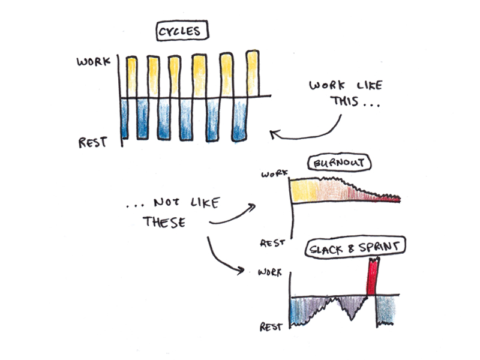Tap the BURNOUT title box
tap(339, 164)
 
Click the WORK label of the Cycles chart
tap(93, 61)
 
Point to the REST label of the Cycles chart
tap(93, 143)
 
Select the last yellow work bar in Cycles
tap(253, 74)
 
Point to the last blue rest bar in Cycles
tap(240, 120)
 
